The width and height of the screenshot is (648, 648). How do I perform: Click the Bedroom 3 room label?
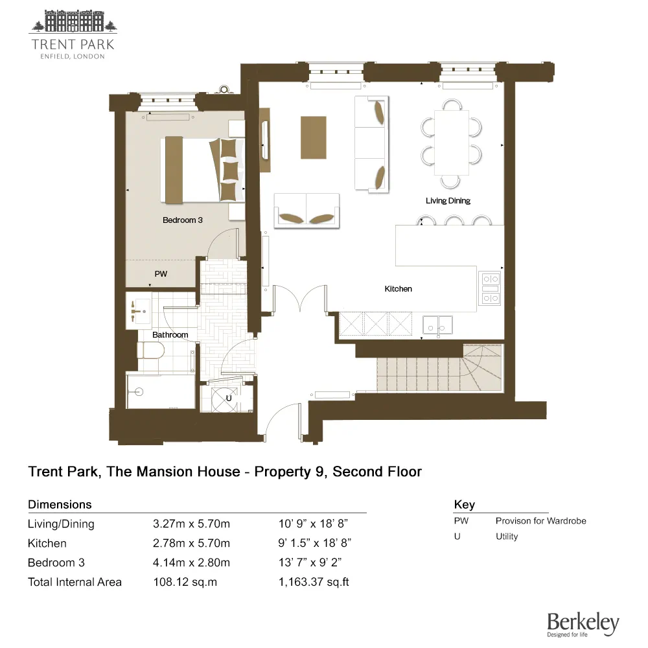182,220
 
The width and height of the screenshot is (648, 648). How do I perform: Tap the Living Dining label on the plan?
448,201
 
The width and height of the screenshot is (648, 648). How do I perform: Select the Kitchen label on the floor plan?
398,289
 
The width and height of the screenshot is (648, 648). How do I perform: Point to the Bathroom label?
170,335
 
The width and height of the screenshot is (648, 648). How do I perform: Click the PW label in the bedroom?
161,274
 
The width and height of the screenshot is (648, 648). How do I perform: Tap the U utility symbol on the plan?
229,397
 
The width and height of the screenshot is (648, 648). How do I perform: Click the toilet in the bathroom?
148,351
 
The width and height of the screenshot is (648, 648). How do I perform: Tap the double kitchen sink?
437,324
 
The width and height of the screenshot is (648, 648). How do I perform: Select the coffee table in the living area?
313,137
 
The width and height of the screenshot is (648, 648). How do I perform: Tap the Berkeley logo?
583,624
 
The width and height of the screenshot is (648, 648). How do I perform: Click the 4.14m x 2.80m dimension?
191,562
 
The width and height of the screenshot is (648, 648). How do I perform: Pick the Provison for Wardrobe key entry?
540,521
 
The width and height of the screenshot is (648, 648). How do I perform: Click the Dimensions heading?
60,505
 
